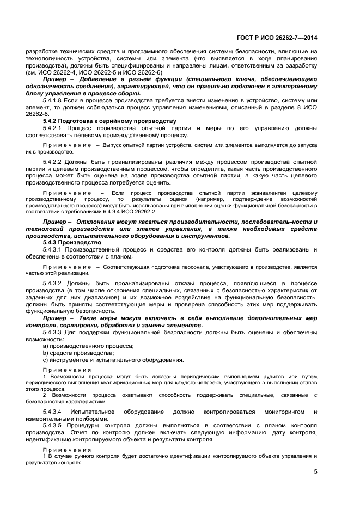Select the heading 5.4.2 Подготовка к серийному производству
[109, 120]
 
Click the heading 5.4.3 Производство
[72, 242]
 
